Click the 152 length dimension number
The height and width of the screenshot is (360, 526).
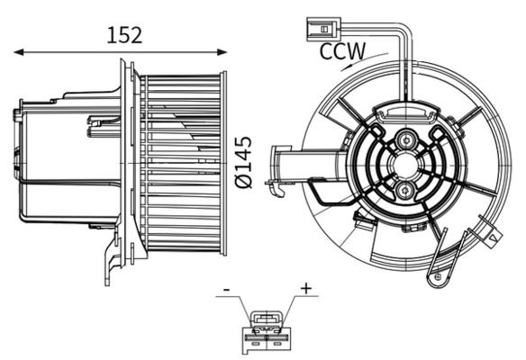tap(125, 35)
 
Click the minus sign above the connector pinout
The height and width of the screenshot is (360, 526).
tap(226, 290)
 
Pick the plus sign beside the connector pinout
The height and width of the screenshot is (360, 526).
tap(306, 288)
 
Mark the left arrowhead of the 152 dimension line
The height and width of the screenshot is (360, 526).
tap(15, 54)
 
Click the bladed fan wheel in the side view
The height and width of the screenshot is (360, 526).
tap(180, 162)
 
